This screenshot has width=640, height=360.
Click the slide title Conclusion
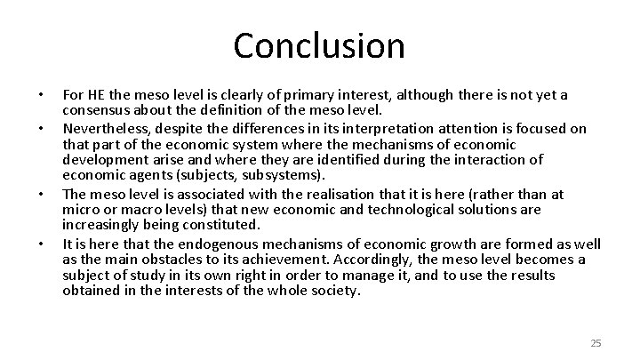(x=319, y=44)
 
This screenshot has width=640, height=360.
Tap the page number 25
(x=596, y=342)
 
